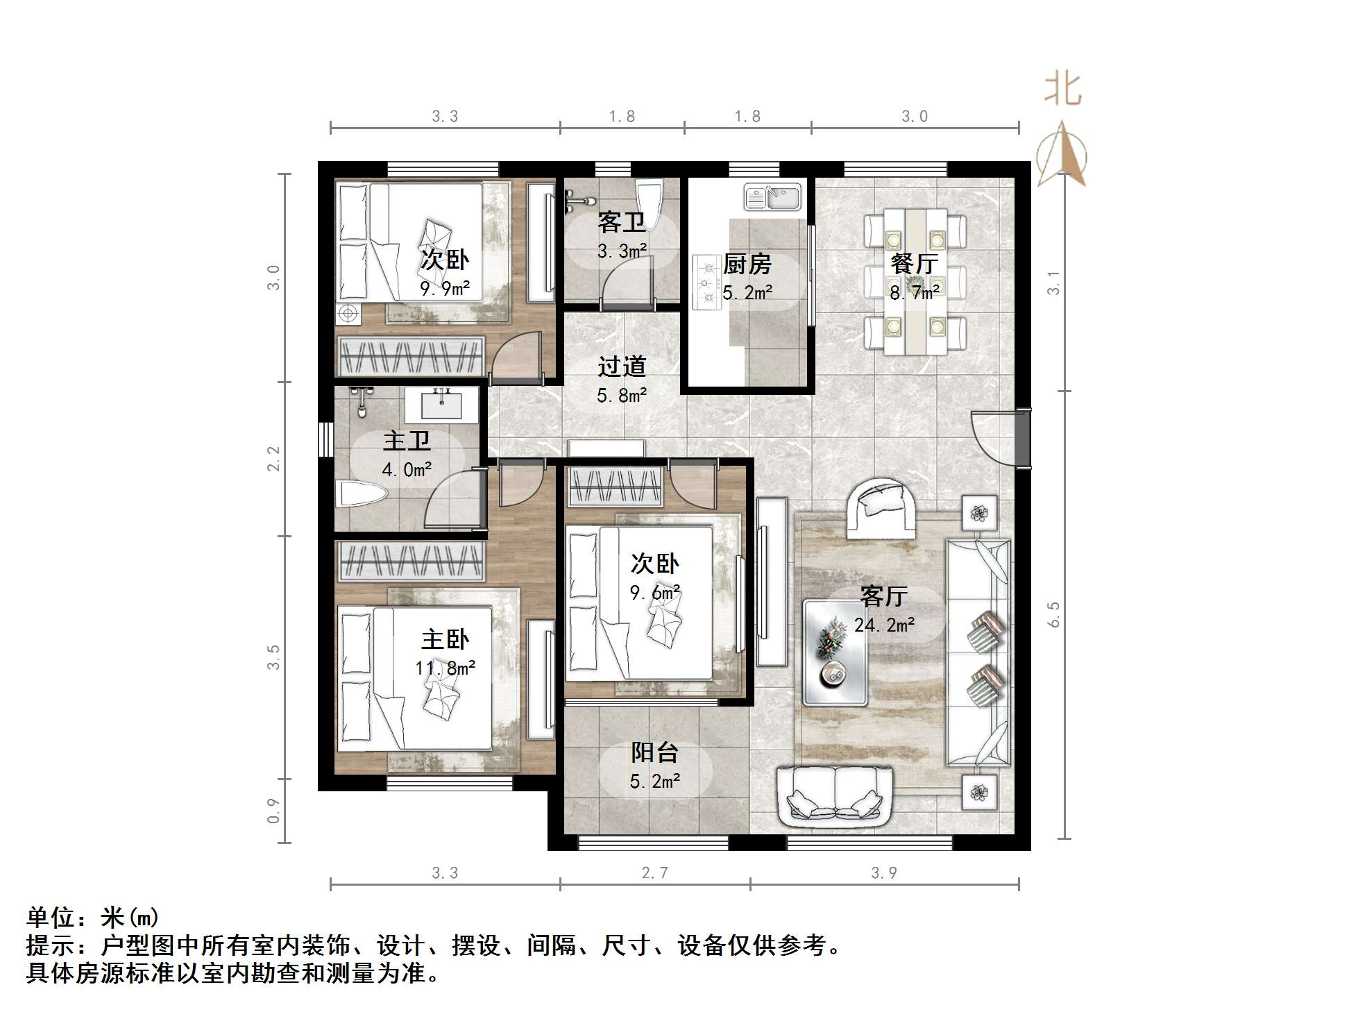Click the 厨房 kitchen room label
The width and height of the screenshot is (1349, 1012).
[x=747, y=264]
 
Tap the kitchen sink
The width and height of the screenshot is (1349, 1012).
[x=772, y=198]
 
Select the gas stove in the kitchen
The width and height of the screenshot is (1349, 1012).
[x=707, y=282]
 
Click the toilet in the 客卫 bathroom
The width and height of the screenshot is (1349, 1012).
[x=650, y=198]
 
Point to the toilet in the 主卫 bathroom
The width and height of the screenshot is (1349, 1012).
[x=360, y=496]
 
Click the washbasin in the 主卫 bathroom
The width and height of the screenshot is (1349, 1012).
[x=442, y=405]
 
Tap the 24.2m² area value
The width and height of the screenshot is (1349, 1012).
[x=884, y=625]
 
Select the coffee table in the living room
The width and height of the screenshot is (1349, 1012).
[x=835, y=652]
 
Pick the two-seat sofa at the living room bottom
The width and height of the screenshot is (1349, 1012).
[x=835, y=796]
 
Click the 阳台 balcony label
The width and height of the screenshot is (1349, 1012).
[x=654, y=752]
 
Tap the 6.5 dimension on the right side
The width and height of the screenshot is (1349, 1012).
[x=1053, y=614]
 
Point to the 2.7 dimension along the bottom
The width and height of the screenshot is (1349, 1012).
[x=654, y=872]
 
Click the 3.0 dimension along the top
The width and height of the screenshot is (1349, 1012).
[x=914, y=117]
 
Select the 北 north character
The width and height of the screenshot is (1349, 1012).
[x=1062, y=89]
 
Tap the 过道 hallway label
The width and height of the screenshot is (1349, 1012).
[x=622, y=366]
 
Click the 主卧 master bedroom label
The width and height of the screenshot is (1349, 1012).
[x=445, y=639]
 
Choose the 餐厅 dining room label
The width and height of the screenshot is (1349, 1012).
[x=914, y=264]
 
